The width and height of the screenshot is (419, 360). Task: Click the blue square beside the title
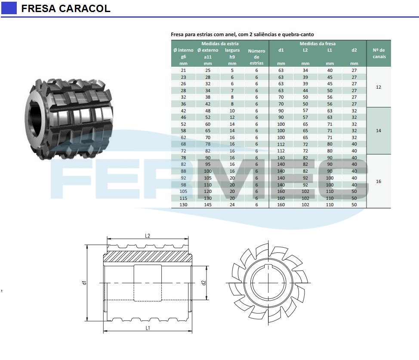[9, 8]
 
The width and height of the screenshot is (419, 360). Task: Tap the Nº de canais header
[379, 53]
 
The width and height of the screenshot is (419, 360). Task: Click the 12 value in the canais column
[379, 87]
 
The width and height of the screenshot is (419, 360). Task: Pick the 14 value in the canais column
[379, 130]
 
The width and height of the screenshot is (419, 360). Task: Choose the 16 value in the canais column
[379, 181]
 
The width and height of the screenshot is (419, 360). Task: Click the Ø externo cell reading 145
[208, 205]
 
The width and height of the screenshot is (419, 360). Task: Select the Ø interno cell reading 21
[183, 70]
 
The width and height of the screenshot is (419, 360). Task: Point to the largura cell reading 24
[232, 205]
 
